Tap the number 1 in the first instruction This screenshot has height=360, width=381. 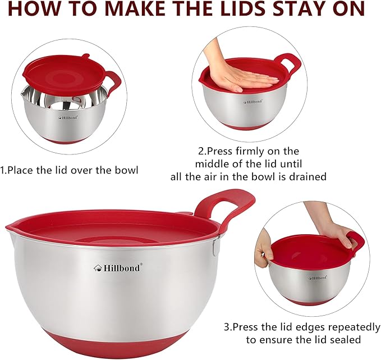[x=3, y=170]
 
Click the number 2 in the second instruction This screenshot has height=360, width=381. [x=201, y=151]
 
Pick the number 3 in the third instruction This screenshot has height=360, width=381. [x=227, y=326]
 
